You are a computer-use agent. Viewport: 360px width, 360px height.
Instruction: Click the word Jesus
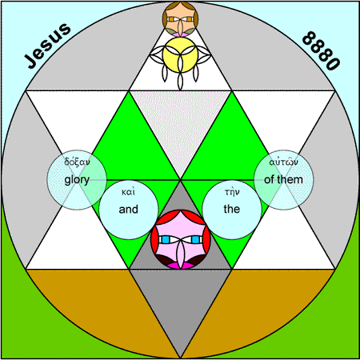point(47,46)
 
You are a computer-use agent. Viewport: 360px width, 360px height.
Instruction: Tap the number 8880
point(322,50)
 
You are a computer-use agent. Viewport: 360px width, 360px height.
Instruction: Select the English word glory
point(77,180)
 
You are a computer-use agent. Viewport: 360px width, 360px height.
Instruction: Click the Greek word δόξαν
point(77,162)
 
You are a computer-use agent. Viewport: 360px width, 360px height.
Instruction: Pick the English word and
point(129,210)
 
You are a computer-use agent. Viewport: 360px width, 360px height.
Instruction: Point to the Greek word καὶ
point(128,192)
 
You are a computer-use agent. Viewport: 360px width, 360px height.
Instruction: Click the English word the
point(232,209)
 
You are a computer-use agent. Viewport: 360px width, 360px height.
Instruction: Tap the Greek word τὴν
point(232,192)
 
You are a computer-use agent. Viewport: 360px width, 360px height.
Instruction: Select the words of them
point(283,180)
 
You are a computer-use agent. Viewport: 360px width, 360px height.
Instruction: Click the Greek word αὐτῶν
point(283,162)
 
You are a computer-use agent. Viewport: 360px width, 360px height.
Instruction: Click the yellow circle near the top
point(180,54)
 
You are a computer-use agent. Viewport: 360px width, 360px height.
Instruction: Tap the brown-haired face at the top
point(180,19)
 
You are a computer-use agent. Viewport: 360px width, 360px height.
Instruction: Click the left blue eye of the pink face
point(166,240)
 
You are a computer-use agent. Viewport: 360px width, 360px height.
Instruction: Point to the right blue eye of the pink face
point(195,240)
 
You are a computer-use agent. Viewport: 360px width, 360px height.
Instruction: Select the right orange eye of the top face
point(189,19)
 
